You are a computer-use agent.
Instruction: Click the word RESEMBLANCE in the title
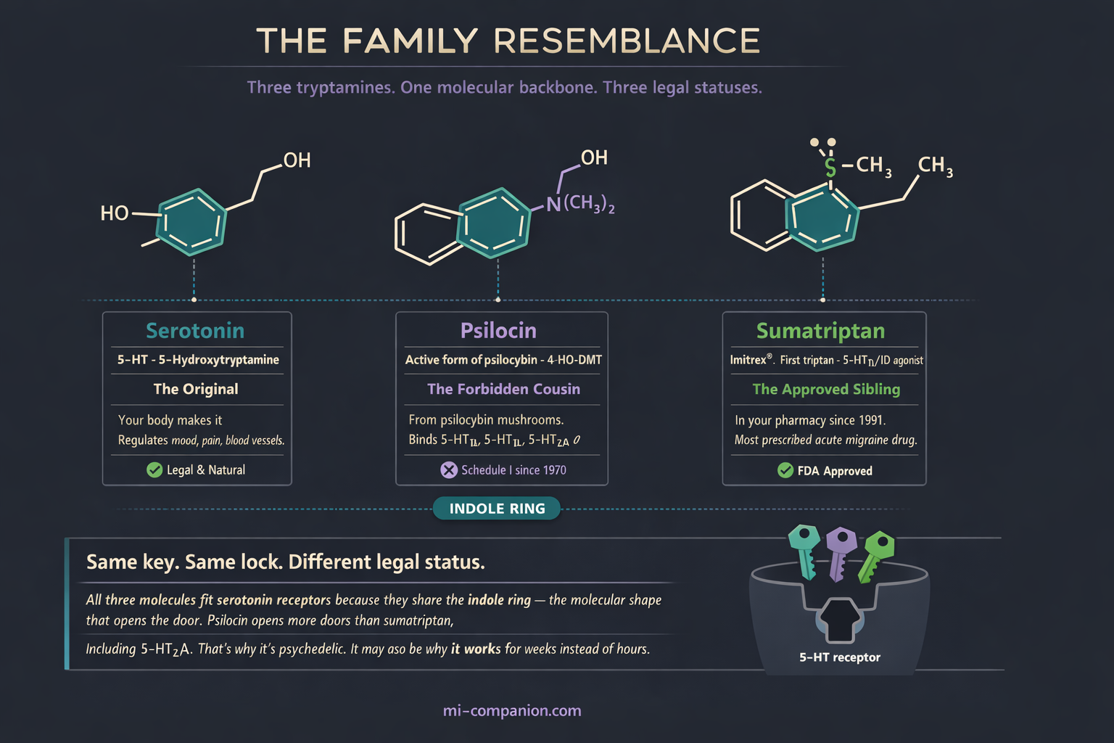[627, 41]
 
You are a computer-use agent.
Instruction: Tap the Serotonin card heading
[195, 331]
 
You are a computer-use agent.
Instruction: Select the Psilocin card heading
[498, 331]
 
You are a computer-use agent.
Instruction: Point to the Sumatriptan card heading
[820, 331]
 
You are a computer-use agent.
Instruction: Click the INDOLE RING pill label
[497, 509]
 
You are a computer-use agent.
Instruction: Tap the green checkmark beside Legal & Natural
[154, 470]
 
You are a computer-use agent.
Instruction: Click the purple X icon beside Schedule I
[449, 470]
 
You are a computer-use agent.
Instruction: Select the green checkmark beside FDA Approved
[785, 471]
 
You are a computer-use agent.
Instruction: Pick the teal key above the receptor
[804, 549]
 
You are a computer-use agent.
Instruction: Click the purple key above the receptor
[840, 551]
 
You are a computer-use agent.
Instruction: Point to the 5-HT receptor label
[839, 657]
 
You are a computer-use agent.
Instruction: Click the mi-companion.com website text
[512, 711]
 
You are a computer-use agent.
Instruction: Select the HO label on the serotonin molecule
[115, 213]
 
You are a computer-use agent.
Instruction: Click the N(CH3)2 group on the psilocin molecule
[580, 204]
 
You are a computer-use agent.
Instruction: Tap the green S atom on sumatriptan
[830, 168]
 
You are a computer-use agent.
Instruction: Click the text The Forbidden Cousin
[503, 389]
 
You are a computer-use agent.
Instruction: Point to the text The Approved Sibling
[826, 390]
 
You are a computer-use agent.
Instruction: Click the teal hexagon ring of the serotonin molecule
[191, 222]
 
